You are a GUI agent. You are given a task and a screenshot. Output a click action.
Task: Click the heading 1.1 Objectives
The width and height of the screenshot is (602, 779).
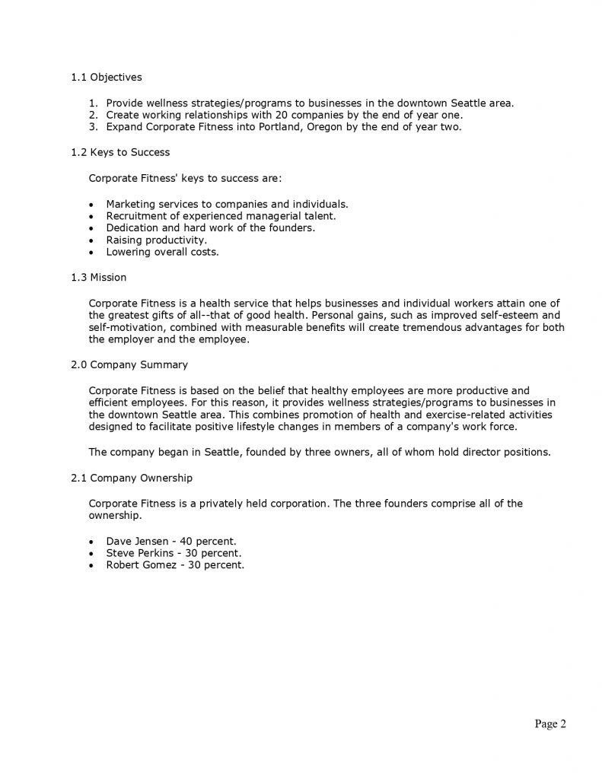point(106,77)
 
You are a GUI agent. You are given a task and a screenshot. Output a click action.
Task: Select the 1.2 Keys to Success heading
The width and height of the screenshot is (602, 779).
point(120,152)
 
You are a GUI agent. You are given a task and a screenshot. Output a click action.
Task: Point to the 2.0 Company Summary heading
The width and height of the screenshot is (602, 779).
point(129,364)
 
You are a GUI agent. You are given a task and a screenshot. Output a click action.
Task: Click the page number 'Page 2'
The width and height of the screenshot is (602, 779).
point(550,724)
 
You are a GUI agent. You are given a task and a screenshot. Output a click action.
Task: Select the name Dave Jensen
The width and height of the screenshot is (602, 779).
point(137,541)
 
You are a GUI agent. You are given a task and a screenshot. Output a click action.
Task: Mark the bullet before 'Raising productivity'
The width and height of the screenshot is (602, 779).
point(92,240)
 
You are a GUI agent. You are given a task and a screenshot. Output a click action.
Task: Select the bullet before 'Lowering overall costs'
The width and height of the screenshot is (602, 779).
point(92,253)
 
